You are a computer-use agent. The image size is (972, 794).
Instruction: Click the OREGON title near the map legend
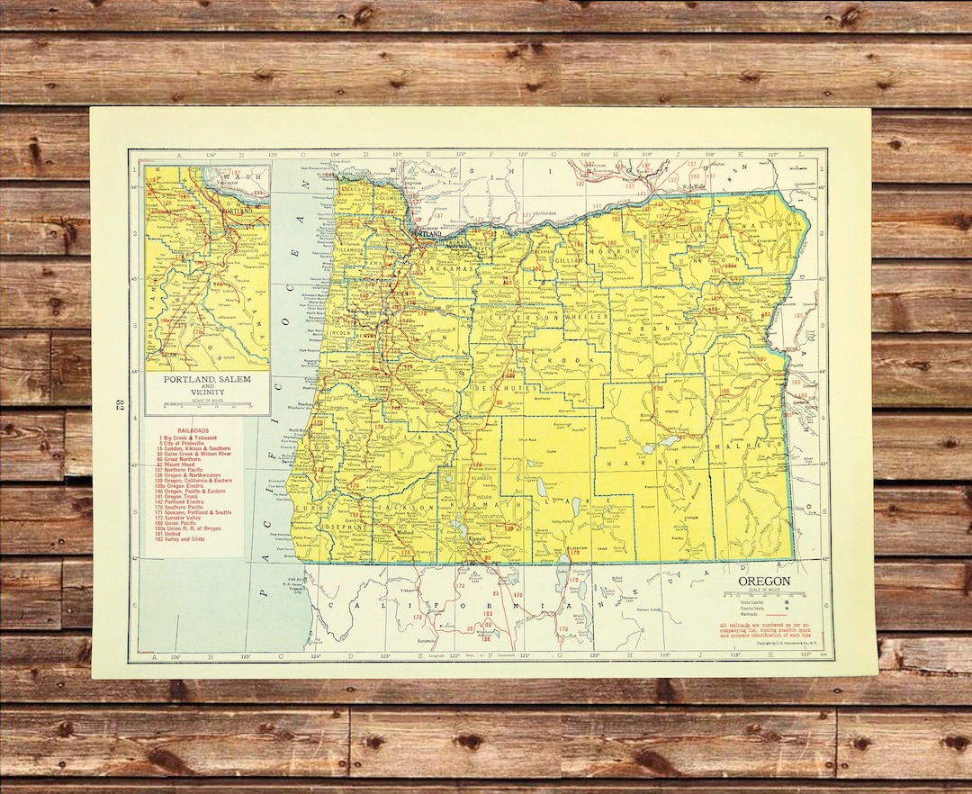click(764, 582)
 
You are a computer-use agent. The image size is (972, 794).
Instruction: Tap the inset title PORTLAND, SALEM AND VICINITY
click(207, 385)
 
